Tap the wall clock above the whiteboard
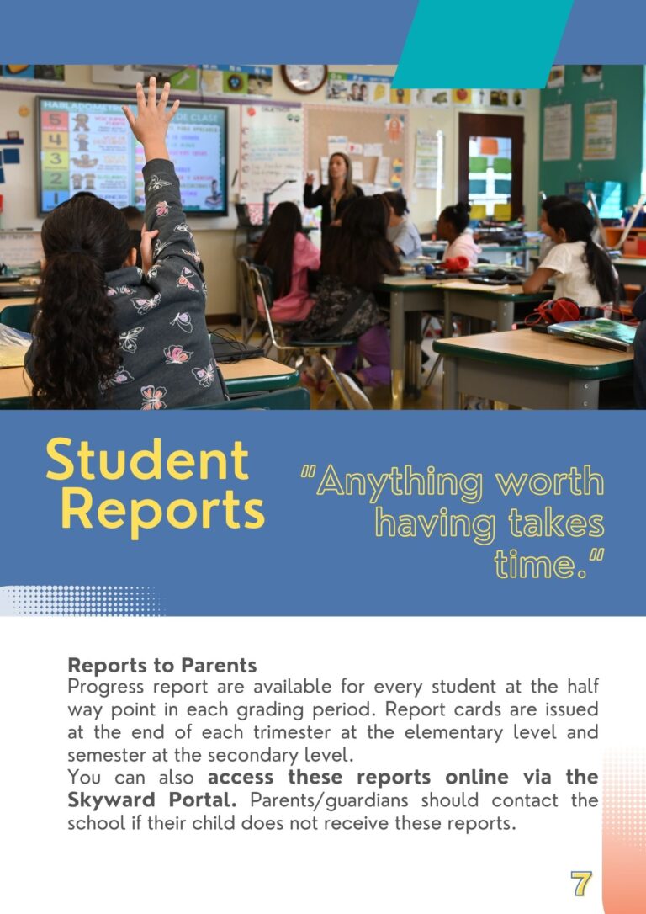304,77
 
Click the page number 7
580,883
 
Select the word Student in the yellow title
147,460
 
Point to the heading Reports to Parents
162,665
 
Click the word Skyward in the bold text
104,799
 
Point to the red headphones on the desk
554,311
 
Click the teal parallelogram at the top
484,42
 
